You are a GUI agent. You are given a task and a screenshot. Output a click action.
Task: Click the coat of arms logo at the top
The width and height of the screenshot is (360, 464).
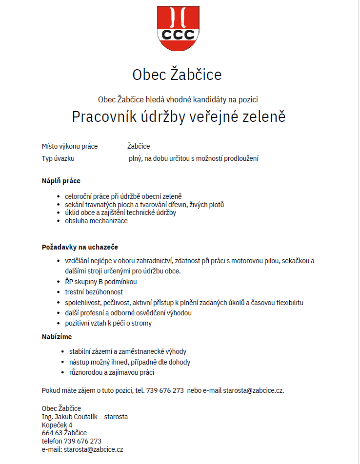(x=178, y=28)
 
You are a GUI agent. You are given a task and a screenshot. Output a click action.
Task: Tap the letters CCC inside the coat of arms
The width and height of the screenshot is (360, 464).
(x=178, y=35)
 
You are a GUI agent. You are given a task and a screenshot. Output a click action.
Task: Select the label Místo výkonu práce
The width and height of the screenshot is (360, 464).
(x=70, y=146)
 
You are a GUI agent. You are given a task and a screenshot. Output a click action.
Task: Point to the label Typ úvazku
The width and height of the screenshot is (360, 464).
(x=58, y=158)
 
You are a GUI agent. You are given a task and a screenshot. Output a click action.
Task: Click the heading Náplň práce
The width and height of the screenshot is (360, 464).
(x=61, y=181)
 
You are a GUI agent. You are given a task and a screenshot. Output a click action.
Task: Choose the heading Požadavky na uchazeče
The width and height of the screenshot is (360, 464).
(x=80, y=247)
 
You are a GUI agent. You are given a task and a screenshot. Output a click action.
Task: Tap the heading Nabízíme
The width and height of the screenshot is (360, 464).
(x=57, y=337)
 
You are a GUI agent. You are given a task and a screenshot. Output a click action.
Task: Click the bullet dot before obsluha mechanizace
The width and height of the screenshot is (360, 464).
(x=59, y=221)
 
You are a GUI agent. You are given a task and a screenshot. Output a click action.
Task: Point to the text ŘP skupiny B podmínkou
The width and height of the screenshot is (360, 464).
(x=101, y=282)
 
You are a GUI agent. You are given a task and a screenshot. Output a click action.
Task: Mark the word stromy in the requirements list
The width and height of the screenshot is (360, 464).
(x=142, y=323)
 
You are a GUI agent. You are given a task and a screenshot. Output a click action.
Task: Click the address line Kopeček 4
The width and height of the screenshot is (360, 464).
(x=57, y=425)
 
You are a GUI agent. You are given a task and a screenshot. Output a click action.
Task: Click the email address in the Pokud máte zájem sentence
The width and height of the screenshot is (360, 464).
(x=253, y=390)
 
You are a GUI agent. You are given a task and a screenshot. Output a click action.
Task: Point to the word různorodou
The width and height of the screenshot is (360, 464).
(x=86, y=373)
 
